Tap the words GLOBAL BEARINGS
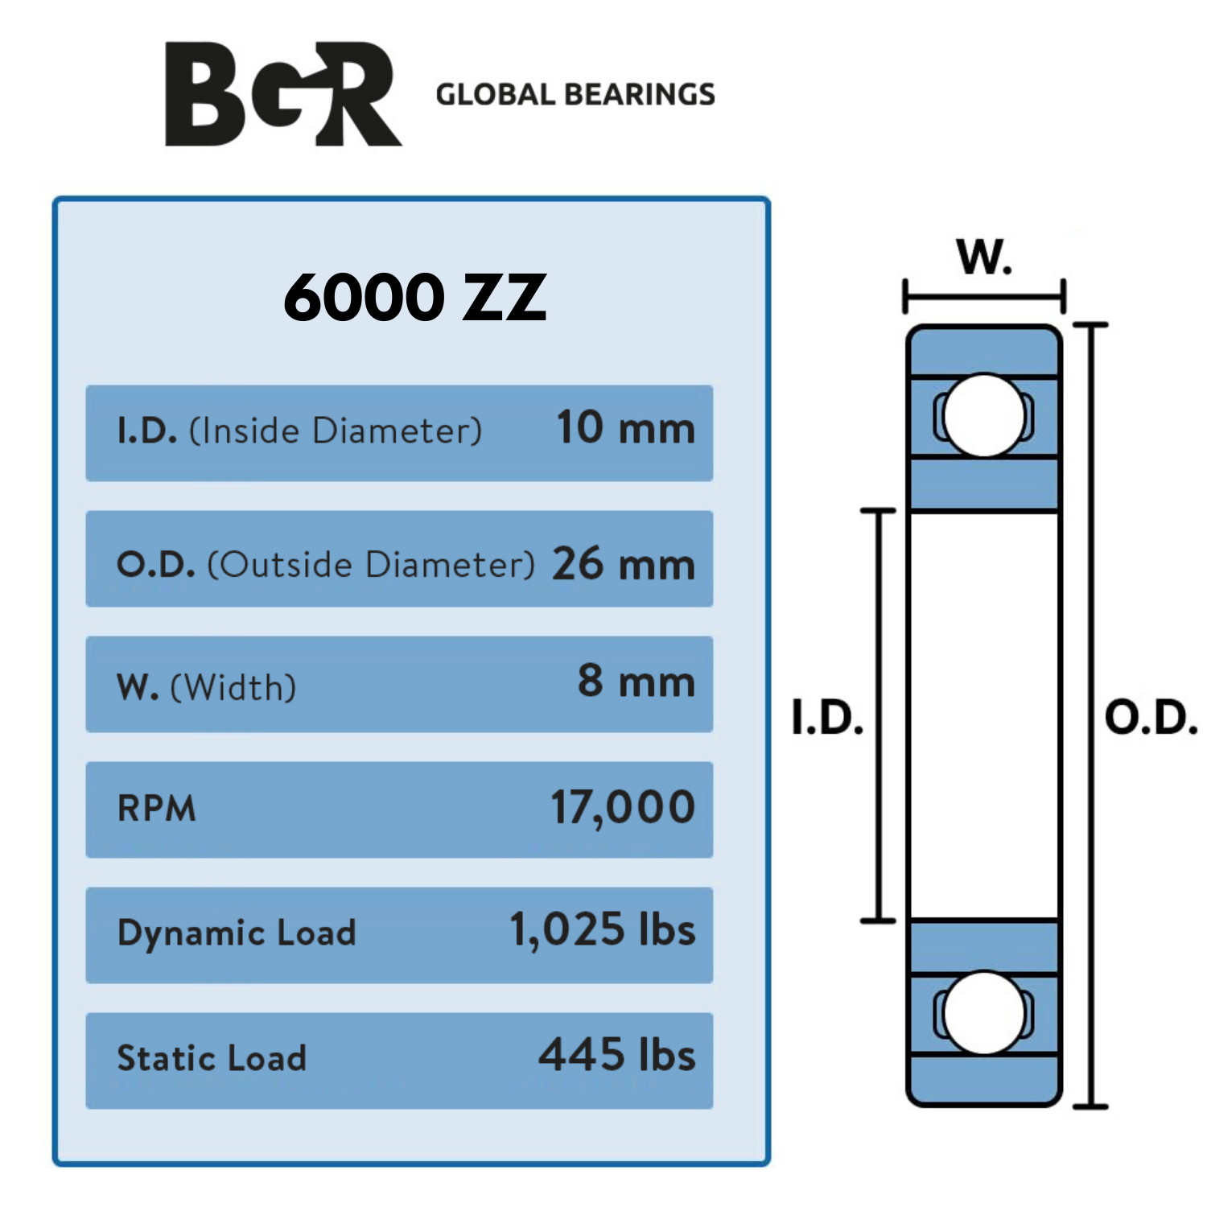(575, 95)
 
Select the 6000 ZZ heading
(414, 298)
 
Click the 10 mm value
(625, 427)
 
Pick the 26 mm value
(623, 563)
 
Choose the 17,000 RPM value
(622, 807)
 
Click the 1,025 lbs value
(602, 930)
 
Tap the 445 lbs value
(616, 1055)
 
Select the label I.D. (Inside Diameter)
(299, 430)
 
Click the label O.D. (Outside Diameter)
(325, 564)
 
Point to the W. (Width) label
(207, 688)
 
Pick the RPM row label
(157, 808)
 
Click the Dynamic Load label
(236, 933)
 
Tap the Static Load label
(212, 1057)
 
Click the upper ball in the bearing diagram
(983, 416)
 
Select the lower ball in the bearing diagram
(983, 1013)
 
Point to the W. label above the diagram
(984, 257)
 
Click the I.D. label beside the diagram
(827, 718)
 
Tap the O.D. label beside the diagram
(1151, 718)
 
